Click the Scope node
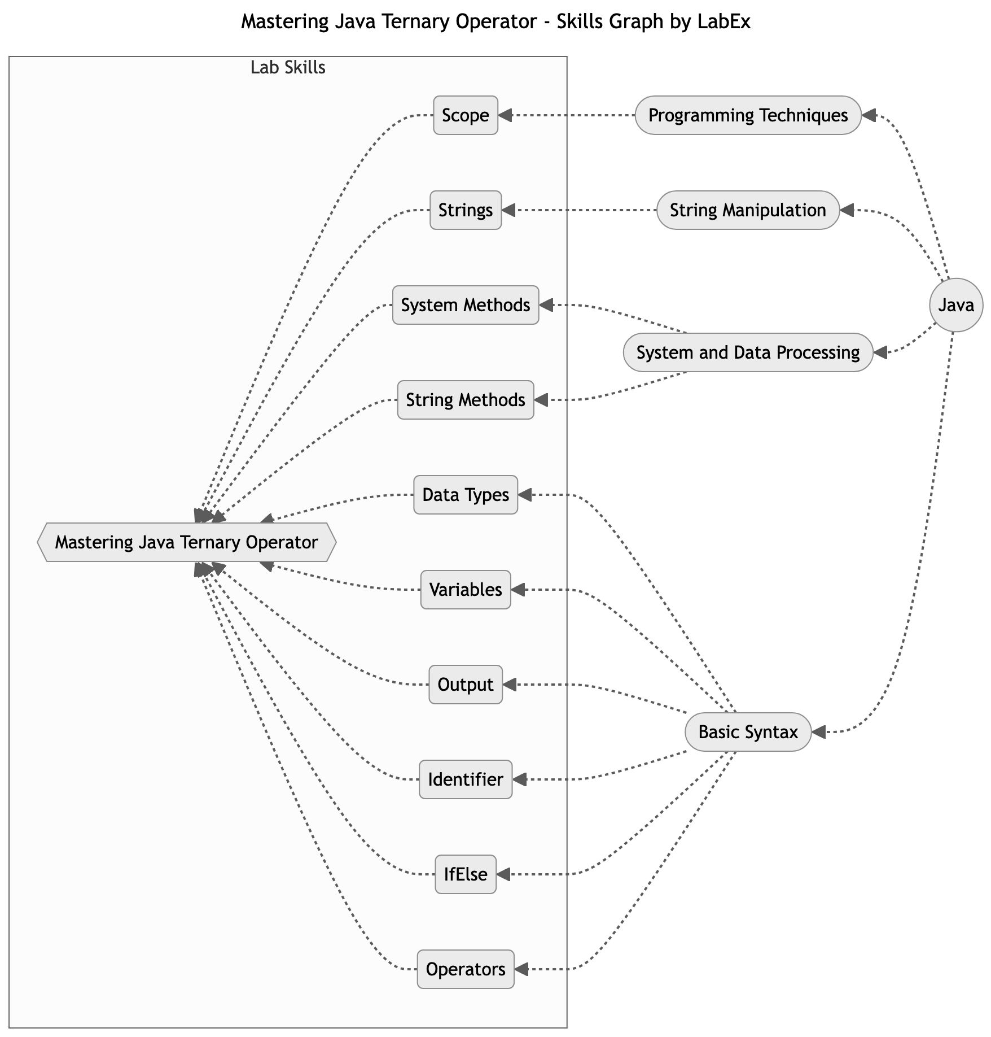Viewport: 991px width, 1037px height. [465, 115]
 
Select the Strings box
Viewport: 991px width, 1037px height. [465, 210]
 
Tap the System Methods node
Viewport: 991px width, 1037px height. [465, 305]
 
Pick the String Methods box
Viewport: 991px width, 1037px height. [465, 400]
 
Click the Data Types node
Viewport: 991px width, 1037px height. [465, 495]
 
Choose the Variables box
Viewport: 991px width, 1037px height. [465, 590]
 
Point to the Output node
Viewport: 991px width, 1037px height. [465, 685]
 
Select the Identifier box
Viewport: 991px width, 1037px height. [465, 779]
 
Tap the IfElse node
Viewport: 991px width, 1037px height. [465, 874]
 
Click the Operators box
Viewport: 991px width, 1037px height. [465, 969]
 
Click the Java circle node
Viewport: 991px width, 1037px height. [955, 305]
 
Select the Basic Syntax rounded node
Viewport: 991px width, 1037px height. [748, 732]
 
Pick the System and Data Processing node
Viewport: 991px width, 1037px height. [748, 352]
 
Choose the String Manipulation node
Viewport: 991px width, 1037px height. [748, 210]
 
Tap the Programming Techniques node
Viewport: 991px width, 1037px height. [748, 115]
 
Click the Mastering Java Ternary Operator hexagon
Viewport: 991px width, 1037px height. [186, 542]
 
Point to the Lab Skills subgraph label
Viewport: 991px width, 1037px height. [288, 68]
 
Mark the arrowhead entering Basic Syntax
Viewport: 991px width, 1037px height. [818, 732]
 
